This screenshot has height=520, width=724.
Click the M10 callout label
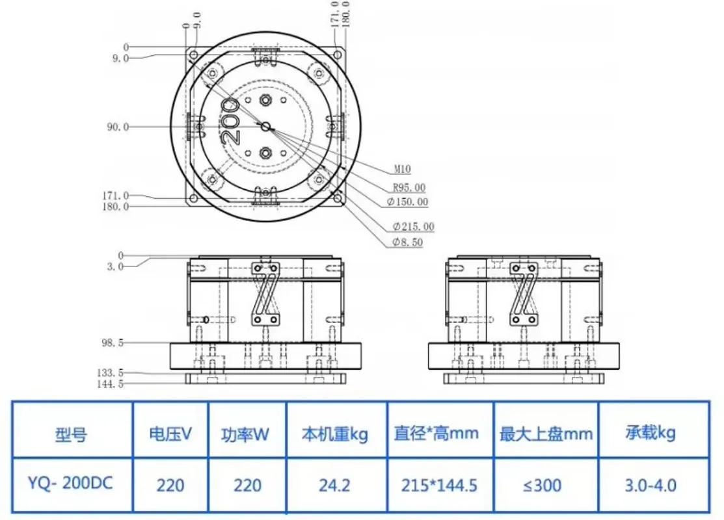pyautogui.click(x=402, y=170)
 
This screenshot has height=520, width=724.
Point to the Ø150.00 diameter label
pyautogui.click(x=407, y=202)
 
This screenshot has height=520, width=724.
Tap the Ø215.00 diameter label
pyautogui.click(x=413, y=227)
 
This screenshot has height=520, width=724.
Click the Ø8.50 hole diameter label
pyautogui.click(x=408, y=242)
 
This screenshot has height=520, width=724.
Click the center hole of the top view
pyautogui.click(x=265, y=127)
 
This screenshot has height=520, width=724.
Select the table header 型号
pyautogui.click(x=71, y=434)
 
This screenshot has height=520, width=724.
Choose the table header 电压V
pyautogui.click(x=170, y=434)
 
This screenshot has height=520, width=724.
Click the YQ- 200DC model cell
pyautogui.click(x=70, y=485)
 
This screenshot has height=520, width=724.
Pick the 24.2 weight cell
pyautogui.click(x=336, y=485)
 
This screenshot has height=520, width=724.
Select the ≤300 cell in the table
pyautogui.click(x=544, y=485)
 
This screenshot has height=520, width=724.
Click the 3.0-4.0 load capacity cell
pyautogui.click(x=651, y=485)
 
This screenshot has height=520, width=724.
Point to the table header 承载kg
pyautogui.click(x=651, y=433)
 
